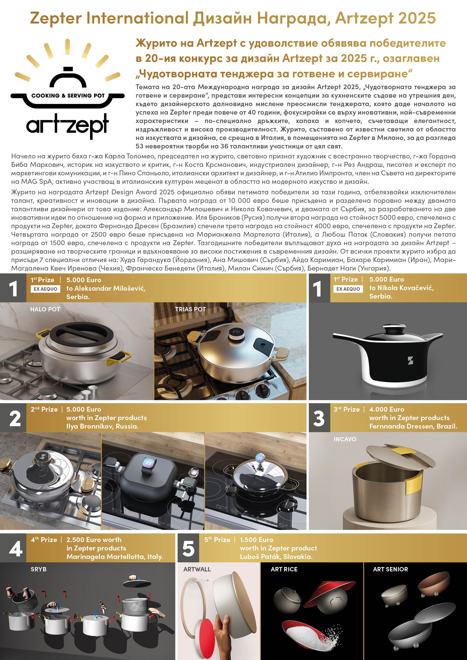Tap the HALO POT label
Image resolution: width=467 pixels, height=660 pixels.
45,309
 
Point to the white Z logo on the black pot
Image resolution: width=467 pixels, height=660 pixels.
410,360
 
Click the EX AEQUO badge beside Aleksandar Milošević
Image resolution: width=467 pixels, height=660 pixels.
45,289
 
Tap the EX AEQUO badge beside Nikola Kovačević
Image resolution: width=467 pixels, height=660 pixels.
348,289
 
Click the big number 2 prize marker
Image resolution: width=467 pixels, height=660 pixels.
15,419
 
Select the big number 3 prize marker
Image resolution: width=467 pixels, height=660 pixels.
319,419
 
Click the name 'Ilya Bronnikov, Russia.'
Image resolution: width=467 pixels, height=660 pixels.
102,426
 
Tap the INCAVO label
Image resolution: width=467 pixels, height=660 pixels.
345,439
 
